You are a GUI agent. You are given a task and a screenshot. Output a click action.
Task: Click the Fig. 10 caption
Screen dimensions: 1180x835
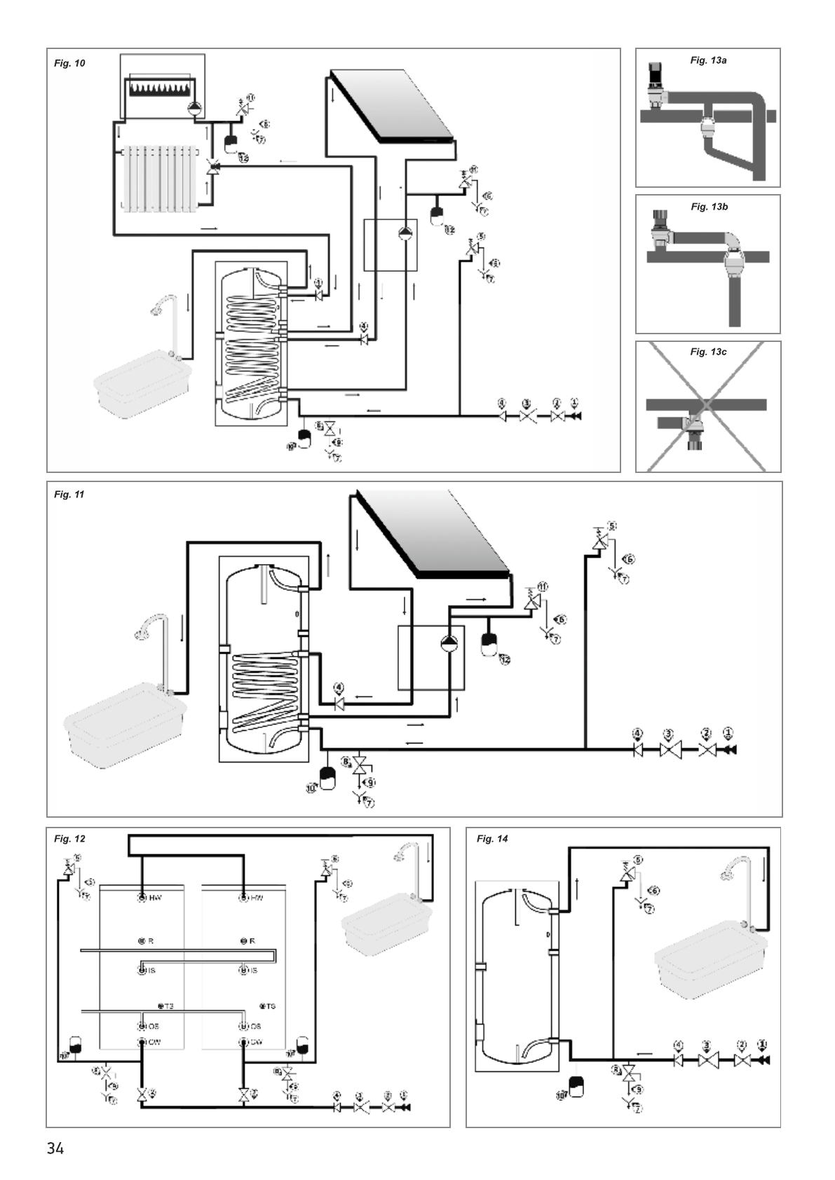point(69,63)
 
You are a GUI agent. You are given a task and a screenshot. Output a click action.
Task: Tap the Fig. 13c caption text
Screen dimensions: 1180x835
point(708,352)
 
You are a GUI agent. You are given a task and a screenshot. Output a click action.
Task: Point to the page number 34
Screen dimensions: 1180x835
point(55,1148)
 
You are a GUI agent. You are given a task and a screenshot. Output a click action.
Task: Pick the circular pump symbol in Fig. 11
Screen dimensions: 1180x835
point(447,643)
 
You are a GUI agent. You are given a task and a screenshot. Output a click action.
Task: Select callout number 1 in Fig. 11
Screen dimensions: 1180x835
point(728,733)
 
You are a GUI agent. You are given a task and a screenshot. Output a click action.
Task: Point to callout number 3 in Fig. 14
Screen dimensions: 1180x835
point(706,1045)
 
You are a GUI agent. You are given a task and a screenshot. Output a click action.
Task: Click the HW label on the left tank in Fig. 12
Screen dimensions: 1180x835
point(155,898)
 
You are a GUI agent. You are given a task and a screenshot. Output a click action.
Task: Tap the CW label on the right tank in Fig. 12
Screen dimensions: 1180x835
point(255,1042)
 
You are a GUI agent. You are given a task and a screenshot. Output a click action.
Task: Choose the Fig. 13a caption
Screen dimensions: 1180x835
point(708,60)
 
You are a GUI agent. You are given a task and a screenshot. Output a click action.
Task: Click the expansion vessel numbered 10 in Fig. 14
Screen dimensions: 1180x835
point(577,1087)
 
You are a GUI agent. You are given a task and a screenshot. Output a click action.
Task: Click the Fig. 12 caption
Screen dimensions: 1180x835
point(69,839)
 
